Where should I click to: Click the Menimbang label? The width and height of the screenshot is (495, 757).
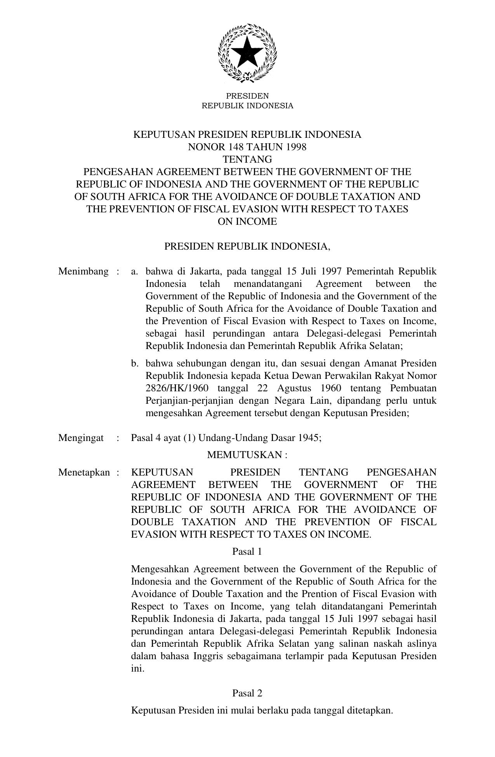[83, 271]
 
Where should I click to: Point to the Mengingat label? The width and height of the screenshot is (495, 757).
[81, 438]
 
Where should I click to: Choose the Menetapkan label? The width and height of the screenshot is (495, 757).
[84, 472]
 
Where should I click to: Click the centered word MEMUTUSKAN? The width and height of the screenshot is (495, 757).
[245, 455]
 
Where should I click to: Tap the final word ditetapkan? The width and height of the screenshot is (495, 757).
[370, 710]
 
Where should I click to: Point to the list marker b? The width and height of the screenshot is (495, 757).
[135, 363]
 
